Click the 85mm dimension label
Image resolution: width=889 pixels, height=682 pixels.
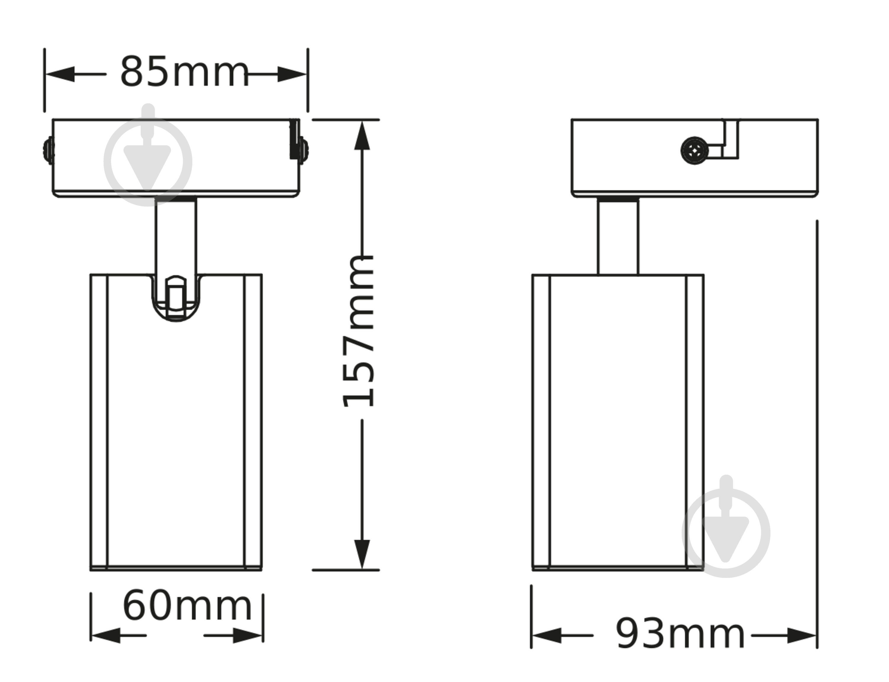[184, 72]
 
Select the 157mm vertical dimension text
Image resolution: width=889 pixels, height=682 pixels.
[358, 331]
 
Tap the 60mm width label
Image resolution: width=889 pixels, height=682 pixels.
[187, 606]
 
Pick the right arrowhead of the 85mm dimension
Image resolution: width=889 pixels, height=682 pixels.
[292, 74]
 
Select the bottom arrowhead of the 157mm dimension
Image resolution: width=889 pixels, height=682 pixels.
[362, 554]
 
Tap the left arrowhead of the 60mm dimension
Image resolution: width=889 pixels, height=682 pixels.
[105, 635]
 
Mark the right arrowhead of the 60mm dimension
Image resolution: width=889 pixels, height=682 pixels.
[248, 635]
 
